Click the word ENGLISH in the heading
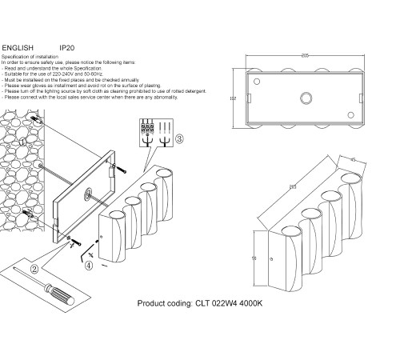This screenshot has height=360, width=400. pyautogui.click(x=18, y=48)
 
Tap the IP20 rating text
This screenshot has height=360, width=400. pyautogui.click(x=68, y=48)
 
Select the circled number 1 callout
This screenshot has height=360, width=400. pyautogui.click(x=23, y=142)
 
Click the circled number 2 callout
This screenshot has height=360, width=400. pyautogui.click(x=34, y=269)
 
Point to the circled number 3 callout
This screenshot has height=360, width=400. pyautogui.click(x=179, y=138)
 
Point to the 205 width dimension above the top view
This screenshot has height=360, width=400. pyautogui.click(x=305, y=57)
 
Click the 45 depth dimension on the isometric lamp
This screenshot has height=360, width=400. pyautogui.click(x=353, y=158)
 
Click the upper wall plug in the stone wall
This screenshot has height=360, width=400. pyautogui.click(x=34, y=118)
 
